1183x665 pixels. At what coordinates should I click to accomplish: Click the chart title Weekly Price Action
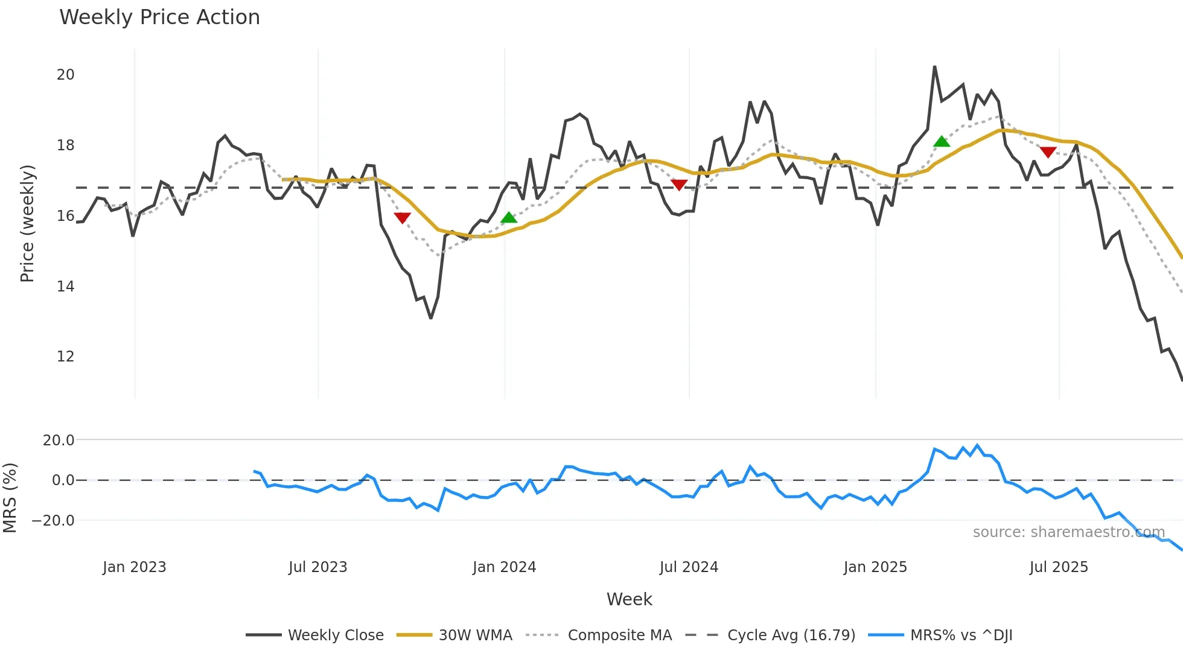coord(159,17)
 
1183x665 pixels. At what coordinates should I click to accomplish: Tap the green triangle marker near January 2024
coord(509,218)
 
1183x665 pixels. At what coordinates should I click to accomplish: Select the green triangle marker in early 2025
coord(942,142)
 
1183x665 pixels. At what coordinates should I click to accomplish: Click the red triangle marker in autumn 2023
coord(402,217)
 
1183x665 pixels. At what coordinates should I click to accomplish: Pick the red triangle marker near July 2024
coord(679,185)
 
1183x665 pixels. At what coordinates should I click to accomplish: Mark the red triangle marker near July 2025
coord(1048,152)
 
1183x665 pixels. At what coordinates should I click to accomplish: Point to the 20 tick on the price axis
coord(65,75)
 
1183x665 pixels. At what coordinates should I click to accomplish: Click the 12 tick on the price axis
coord(65,357)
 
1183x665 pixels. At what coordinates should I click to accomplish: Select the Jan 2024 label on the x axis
coord(504,567)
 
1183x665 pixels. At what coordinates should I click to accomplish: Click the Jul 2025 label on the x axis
coord(1059,567)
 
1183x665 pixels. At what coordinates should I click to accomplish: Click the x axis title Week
coord(629,599)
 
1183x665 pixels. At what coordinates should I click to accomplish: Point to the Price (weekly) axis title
coord(27,223)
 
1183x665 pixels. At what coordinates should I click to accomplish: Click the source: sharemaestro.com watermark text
coord(1068,532)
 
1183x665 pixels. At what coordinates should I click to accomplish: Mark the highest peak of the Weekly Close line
coord(934,67)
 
